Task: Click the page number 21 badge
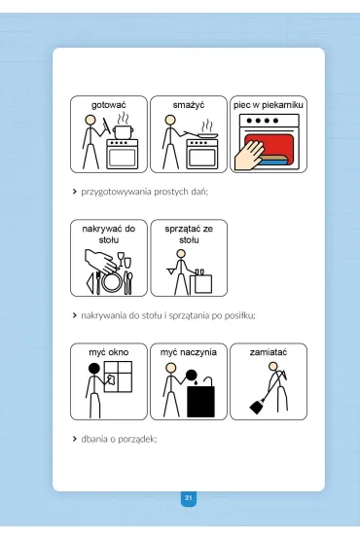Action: coord(189,498)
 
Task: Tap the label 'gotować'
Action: coord(109,105)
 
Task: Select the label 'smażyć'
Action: coord(189,104)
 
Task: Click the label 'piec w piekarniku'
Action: coord(269,105)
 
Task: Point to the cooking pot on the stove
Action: coord(122,131)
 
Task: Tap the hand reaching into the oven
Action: coord(249,156)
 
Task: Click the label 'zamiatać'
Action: coord(269,352)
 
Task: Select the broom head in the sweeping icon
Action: coord(256,407)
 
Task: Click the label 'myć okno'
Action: coord(109,352)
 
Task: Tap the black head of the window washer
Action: coord(93,369)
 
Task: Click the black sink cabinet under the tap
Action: coord(200,401)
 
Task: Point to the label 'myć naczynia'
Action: coord(189,352)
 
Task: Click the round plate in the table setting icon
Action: coord(111,281)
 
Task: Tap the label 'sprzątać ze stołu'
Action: coord(189,234)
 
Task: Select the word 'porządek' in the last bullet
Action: coord(137,440)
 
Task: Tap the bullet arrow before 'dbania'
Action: coord(74,439)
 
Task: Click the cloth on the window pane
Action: coord(110,378)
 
